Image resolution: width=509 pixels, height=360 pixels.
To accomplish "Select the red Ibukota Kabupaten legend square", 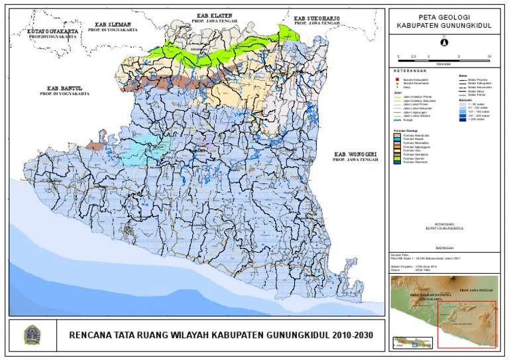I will pyautogui.click(x=396, y=78).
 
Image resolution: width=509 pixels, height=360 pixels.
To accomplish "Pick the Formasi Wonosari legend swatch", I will pyautogui.click(x=396, y=162).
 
